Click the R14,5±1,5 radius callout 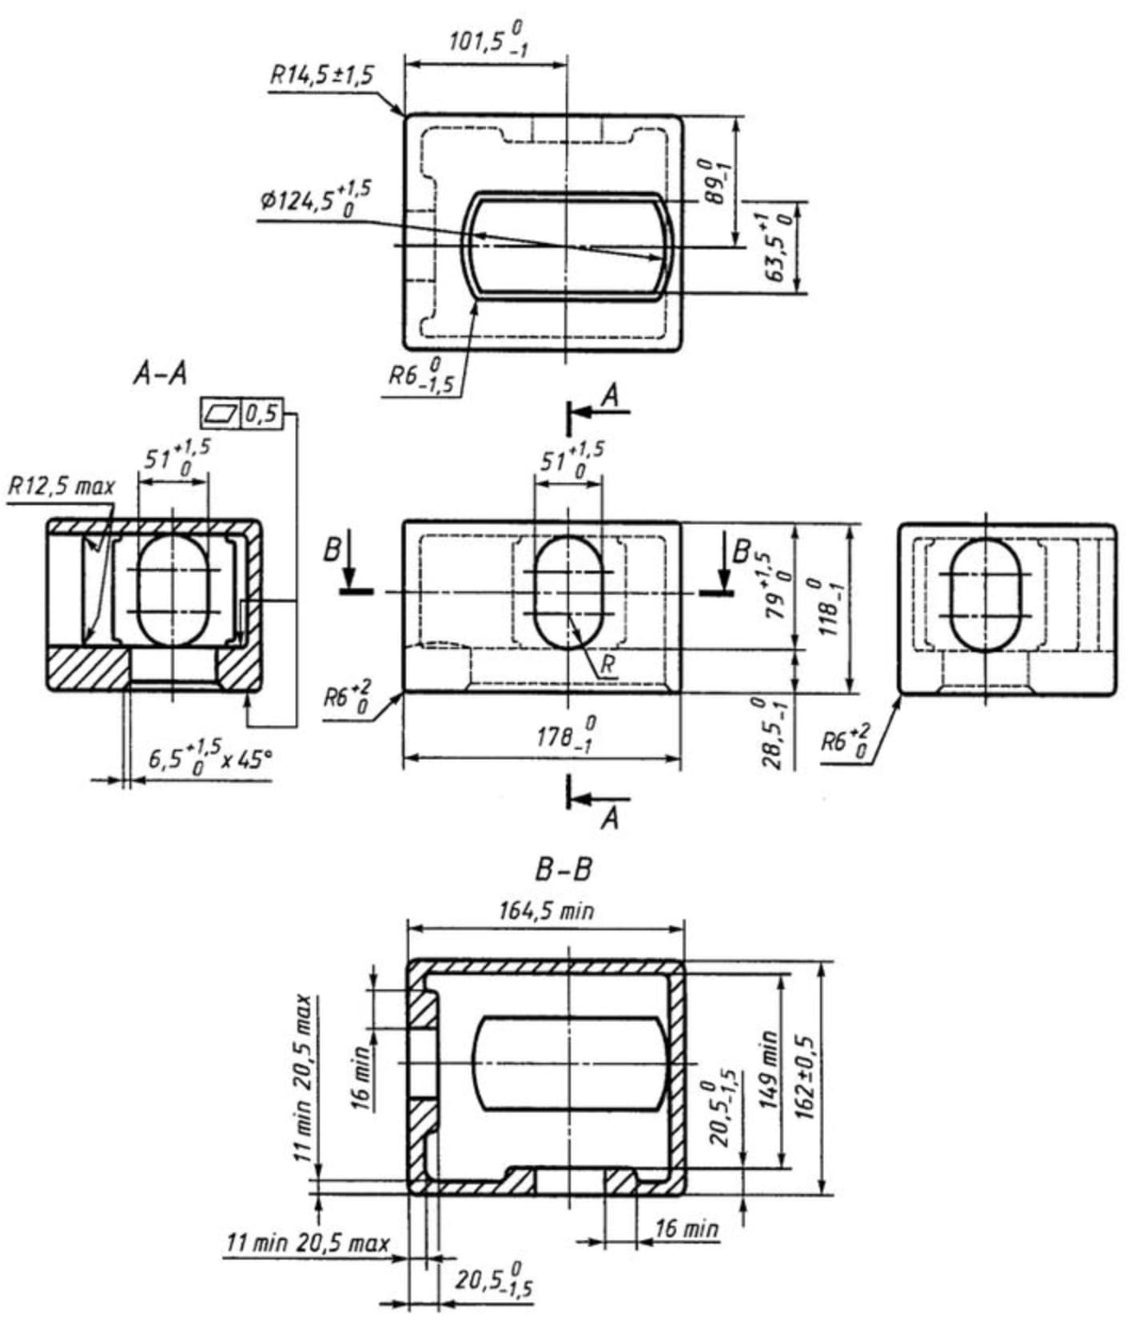point(322,76)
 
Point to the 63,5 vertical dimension point(778,247)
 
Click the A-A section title point(160,373)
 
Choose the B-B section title point(563,869)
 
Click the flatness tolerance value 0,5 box point(261,413)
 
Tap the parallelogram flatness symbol point(221,413)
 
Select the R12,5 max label point(62,485)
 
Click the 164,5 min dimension point(546,910)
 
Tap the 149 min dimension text point(767,1069)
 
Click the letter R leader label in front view point(608,665)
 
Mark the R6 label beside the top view point(420,376)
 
